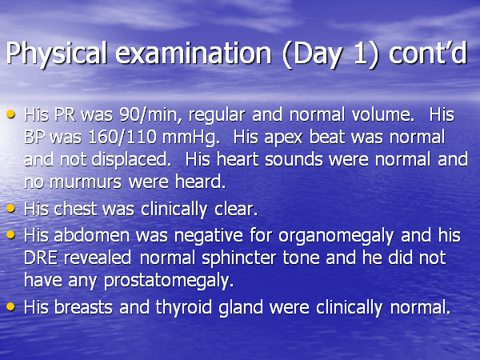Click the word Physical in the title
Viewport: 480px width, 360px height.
coord(57,54)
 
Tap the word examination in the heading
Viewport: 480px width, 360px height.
coord(194,54)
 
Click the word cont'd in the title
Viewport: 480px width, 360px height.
coord(428,53)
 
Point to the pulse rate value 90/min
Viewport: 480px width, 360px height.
coord(149,115)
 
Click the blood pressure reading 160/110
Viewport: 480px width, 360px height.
coord(122,137)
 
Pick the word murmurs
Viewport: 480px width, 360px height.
coord(86,182)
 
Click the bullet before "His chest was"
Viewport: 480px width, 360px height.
coord(10,209)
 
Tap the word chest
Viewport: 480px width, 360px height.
coord(75,210)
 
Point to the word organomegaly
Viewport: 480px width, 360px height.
coord(336,237)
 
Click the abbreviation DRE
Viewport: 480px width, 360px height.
coord(41,258)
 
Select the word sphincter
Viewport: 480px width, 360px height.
coord(238,258)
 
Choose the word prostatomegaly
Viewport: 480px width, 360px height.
coord(169,282)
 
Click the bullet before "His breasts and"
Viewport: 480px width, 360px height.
coord(10,306)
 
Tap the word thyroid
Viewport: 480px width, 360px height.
coord(184,308)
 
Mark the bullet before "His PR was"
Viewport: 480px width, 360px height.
coord(10,114)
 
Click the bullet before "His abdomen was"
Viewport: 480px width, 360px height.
coord(10,234)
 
